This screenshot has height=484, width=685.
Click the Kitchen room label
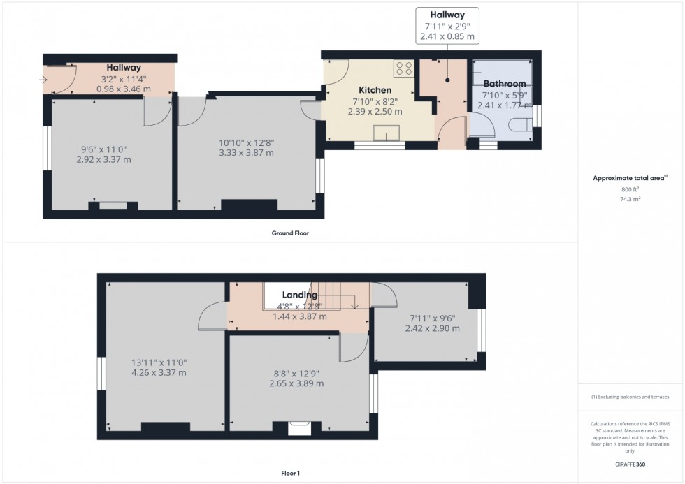pos(375,90)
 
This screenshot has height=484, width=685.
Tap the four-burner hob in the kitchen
pos(403,68)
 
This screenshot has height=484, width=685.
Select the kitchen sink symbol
pos(386,133)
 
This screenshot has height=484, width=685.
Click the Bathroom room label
pos(504,84)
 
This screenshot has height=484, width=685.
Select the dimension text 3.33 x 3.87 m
pos(245,152)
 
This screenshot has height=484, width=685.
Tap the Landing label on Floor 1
pos(299,295)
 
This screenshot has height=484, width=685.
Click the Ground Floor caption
pos(290,233)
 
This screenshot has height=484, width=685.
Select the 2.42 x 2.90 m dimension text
pos(429,329)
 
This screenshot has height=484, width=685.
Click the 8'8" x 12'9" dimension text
pos(296,373)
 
